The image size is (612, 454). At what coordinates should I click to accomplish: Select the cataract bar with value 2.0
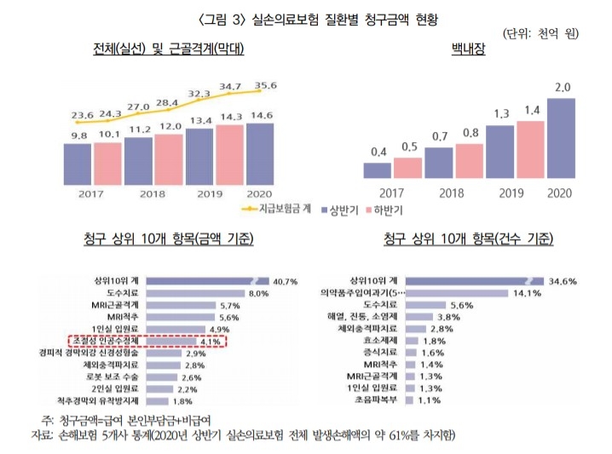[x=562, y=138]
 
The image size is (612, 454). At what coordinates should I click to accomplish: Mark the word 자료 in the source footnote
[x=40, y=434]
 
